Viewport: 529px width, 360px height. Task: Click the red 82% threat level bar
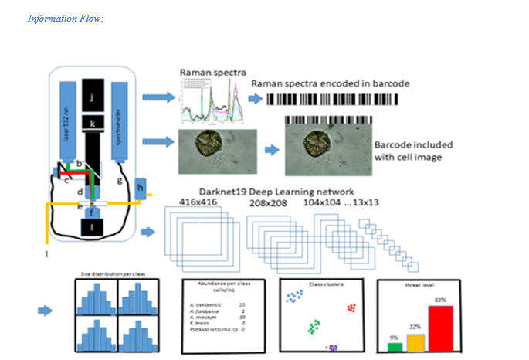click(x=440, y=328)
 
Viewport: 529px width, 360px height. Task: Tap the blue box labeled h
click(x=141, y=186)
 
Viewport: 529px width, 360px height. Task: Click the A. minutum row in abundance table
click(x=220, y=317)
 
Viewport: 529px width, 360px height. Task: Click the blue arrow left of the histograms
click(x=47, y=311)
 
